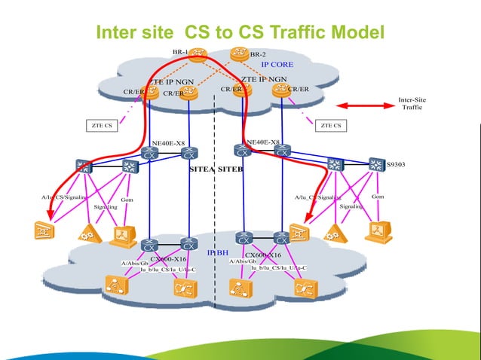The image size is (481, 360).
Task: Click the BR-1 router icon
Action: pos(199,54)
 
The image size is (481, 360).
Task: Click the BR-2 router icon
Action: pos(240,54)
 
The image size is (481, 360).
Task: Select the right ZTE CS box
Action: pos(331,125)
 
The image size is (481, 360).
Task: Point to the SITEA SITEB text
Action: pos(216,171)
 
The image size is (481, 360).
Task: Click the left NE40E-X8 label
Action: pos(169,142)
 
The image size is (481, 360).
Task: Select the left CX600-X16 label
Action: pos(167,258)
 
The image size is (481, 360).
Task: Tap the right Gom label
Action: pos(378,197)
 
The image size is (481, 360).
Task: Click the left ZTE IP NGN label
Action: pos(171,81)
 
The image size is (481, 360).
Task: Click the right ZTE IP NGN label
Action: pos(264,78)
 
